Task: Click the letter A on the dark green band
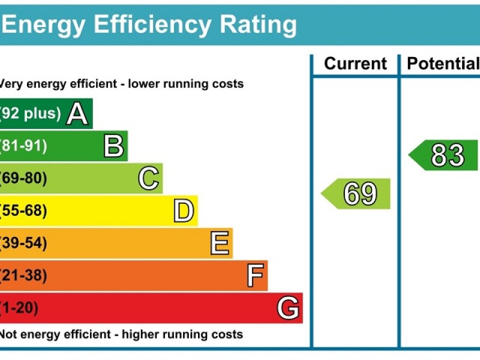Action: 77,114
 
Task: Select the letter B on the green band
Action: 113,146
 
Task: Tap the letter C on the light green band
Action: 149,179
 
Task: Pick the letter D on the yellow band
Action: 184,211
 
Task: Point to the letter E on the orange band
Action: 220,244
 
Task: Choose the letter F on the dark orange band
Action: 255,276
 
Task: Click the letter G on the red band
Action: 288,308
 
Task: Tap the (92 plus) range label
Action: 30,113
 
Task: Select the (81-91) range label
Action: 23,146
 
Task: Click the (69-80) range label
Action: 23,178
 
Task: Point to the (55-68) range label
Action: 23,211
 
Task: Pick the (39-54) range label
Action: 23,243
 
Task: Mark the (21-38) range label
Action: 23,275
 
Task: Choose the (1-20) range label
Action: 19,308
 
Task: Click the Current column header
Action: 355,64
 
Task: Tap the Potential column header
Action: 443,64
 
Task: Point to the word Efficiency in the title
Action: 152,25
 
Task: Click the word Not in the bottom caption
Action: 8,334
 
